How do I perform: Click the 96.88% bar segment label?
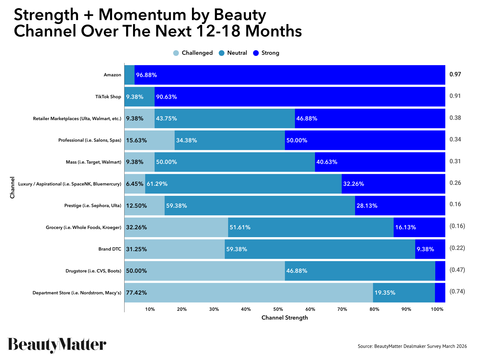[x=146, y=75]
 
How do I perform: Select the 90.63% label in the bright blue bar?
[x=166, y=97]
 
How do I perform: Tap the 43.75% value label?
[x=166, y=119]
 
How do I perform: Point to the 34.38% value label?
[x=187, y=140]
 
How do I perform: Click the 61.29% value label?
[x=157, y=184]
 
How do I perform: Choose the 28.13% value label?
[x=367, y=206]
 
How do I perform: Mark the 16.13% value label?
[x=406, y=227]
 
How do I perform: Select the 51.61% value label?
[x=240, y=227]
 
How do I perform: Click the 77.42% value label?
[x=136, y=293]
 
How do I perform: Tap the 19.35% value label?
[x=385, y=293]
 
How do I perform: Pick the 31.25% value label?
[x=136, y=249]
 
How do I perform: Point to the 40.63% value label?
[x=327, y=162]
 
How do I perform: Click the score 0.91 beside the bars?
[x=455, y=96]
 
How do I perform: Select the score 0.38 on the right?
[x=455, y=118]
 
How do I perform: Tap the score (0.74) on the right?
[x=457, y=292]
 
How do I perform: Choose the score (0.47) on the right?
[x=457, y=270]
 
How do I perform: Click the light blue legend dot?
[x=176, y=53]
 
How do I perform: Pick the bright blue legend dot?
[x=256, y=53]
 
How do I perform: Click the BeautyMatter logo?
[x=57, y=344]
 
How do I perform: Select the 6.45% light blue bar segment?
[x=135, y=184]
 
